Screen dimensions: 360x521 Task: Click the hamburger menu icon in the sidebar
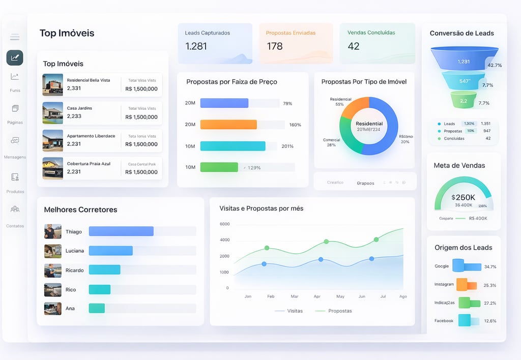[x=15, y=37]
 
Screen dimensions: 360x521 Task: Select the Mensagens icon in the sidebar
[x=15, y=140]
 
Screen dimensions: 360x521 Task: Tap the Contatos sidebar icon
[x=15, y=209]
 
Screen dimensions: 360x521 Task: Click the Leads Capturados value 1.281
[x=196, y=46]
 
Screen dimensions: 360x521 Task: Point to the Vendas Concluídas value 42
[x=354, y=46]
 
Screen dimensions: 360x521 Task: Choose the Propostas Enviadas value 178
[x=275, y=46]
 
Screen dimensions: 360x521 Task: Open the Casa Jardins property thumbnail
[x=53, y=113]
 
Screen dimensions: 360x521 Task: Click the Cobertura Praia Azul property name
[x=89, y=164]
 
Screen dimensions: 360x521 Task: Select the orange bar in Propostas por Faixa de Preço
[x=228, y=125]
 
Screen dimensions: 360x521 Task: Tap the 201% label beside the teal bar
[x=287, y=146]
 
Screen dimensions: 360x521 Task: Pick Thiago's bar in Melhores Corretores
[x=121, y=231]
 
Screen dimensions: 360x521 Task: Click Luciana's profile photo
[x=53, y=251]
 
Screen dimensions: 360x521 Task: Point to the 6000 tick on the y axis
[x=224, y=224]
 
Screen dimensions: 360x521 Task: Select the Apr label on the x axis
[x=317, y=296]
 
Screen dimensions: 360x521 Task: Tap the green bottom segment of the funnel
[x=464, y=100]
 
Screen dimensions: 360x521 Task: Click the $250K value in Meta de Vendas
[x=463, y=197]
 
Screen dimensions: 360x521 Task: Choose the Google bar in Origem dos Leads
[x=467, y=266]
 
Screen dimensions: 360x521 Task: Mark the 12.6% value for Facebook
[x=490, y=321]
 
